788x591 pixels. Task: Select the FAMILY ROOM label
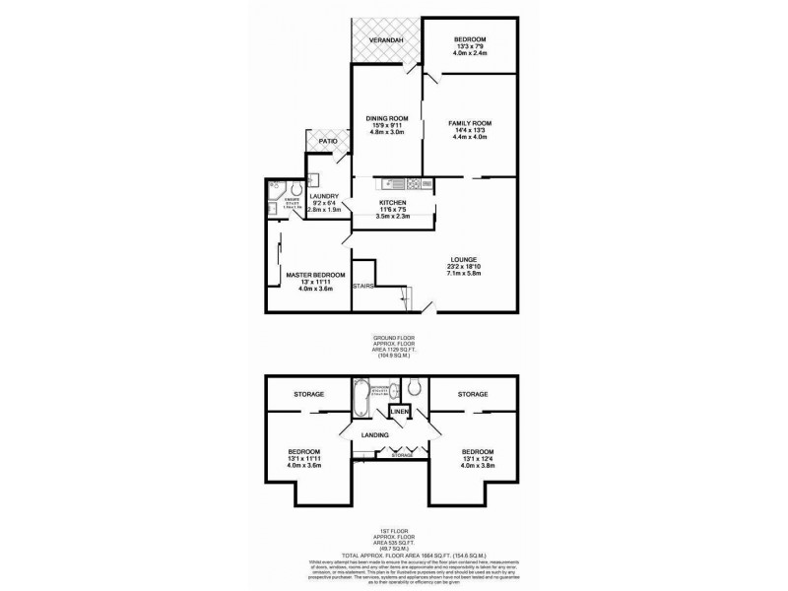pyautogui.click(x=469, y=123)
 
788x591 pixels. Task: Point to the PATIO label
pyautogui.click(x=327, y=142)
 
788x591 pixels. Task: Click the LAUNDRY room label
pyautogui.click(x=324, y=196)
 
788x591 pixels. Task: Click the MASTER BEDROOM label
pyautogui.click(x=315, y=275)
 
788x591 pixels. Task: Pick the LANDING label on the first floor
pyautogui.click(x=373, y=435)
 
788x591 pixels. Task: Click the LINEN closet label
pyautogui.click(x=402, y=412)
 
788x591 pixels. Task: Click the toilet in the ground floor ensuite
pyautogui.click(x=277, y=187)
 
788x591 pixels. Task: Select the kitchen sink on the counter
pyautogui.click(x=391, y=183)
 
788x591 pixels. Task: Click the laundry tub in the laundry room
pyautogui.click(x=312, y=179)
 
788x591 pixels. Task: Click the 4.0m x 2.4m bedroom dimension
pyautogui.click(x=469, y=56)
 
